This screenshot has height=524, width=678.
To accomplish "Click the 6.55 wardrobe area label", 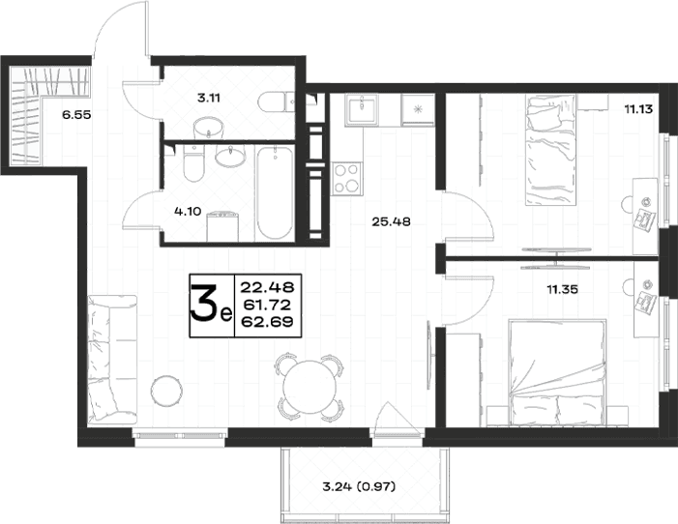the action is coord(76,115).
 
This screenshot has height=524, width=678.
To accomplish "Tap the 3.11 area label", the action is coord(209,99).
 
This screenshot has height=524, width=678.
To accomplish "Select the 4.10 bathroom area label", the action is coord(188,212).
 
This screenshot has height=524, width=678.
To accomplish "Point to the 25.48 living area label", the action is coord(391,221).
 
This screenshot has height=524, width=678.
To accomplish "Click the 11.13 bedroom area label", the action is coord(638,109).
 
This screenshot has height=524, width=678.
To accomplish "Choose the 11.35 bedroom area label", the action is coord(562,289).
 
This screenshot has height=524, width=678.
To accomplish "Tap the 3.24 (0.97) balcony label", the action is coord(360,487).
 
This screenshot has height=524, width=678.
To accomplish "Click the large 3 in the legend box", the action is coord(205,305).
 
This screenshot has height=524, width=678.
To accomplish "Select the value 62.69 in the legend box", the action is coord(268,322).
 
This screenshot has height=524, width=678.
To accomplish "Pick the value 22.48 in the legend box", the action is coord(268,287).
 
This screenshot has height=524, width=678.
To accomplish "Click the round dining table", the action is coord(310,387).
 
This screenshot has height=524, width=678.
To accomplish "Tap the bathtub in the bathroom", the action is coord(275,192).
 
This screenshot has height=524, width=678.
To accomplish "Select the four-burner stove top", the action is coord(346,178).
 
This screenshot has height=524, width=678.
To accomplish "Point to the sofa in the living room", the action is coord(112,360).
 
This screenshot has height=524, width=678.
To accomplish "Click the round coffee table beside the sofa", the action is coord(166,391).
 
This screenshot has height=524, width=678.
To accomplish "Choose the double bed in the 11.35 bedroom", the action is coord(558,372).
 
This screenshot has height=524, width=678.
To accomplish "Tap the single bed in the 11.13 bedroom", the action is coord(551,150).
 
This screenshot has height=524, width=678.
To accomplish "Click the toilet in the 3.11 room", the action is coord(277,103).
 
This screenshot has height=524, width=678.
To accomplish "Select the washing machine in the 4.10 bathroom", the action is coord(222,226).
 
